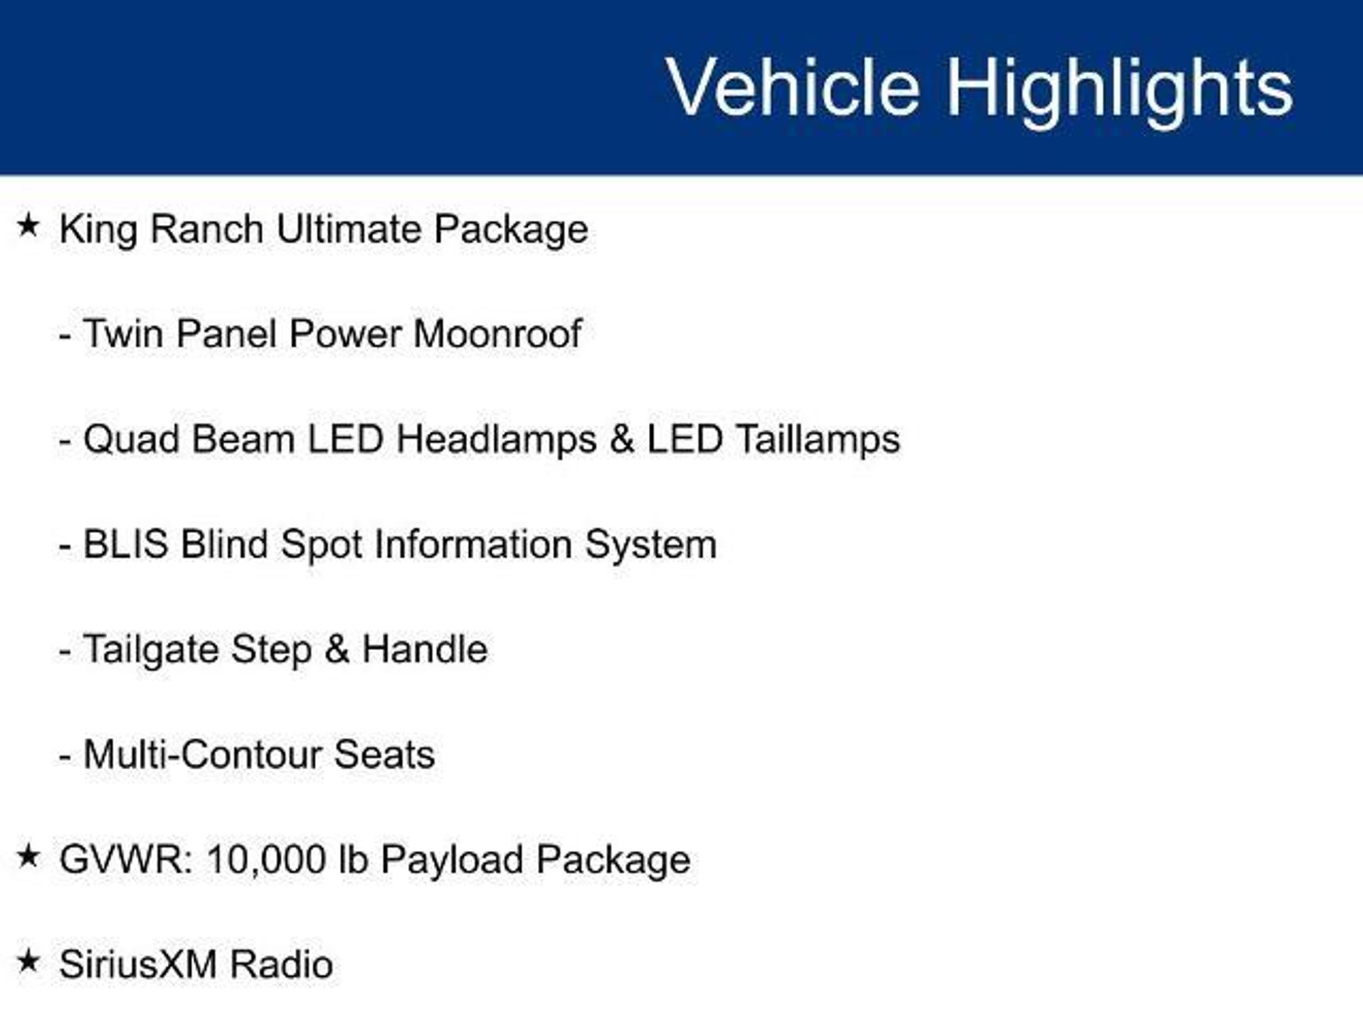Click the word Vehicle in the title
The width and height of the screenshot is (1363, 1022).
(x=793, y=87)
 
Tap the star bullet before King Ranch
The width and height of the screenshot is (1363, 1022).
(x=29, y=226)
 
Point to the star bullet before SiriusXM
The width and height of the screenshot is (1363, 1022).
(x=29, y=961)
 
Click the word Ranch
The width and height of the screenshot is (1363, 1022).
(x=207, y=229)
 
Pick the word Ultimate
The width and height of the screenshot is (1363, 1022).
(x=349, y=229)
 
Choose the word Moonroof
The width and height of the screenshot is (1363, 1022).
(x=497, y=333)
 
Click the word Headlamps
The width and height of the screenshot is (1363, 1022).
(x=496, y=440)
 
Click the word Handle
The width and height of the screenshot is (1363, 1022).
(x=425, y=649)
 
